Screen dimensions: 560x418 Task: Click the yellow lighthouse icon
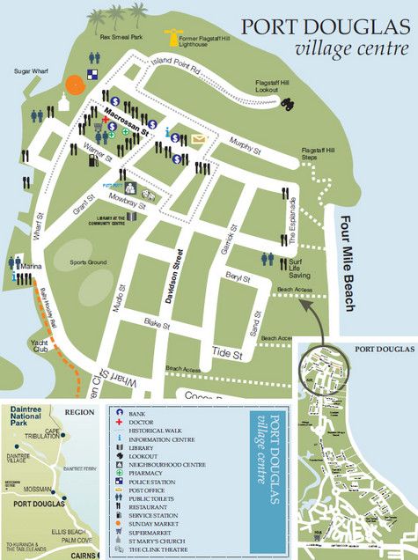click(173, 39)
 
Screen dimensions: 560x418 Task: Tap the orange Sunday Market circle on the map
click(75, 83)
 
